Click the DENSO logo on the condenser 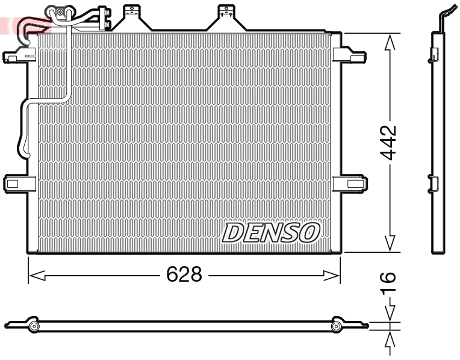point(271,232)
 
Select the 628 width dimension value point(184,275)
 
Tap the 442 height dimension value point(390,143)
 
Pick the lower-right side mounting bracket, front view point(349,181)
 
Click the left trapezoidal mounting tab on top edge point(129,18)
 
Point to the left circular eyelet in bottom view point(34,326)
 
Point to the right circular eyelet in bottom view point(337,326)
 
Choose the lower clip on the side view point(433,182)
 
